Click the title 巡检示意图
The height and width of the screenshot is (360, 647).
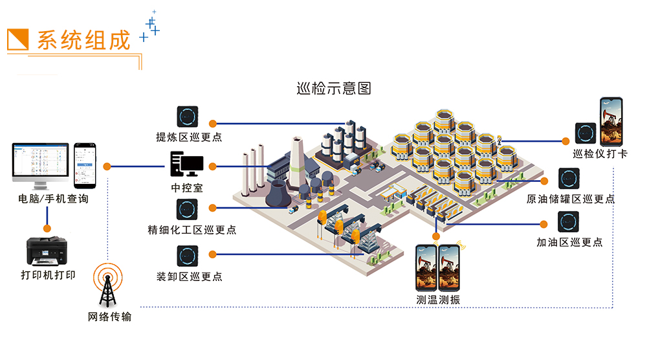pos(333,89)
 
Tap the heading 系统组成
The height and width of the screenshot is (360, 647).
pos(83,40)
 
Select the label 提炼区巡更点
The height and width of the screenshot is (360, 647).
pos(189,137)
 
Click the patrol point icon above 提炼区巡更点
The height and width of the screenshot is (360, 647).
pos(188,117)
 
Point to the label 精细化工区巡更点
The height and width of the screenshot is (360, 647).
pos(192,230)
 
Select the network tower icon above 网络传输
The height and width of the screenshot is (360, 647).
pos(107,286)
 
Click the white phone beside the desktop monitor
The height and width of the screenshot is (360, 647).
pos(86,164)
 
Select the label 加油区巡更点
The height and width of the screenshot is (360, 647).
pos(569,242)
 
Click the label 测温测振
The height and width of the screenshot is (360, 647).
pos(439,300)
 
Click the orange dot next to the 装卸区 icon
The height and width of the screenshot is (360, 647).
pos(212,254)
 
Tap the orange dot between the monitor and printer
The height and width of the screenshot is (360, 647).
pos(47,228)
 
